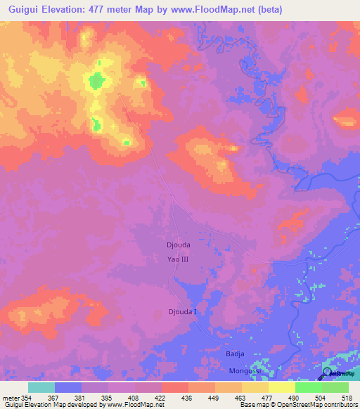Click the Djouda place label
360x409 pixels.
click(178, 245)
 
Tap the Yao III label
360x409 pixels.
click(178, 259)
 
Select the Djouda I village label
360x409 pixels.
click(182, 311)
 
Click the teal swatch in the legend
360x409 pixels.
click(41, 387)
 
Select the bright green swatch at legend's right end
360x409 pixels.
click(335, 387)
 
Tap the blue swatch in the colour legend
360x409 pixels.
click(68, 387)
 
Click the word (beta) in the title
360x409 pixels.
click(330, 8)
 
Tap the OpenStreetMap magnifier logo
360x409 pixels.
click(328, 373)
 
